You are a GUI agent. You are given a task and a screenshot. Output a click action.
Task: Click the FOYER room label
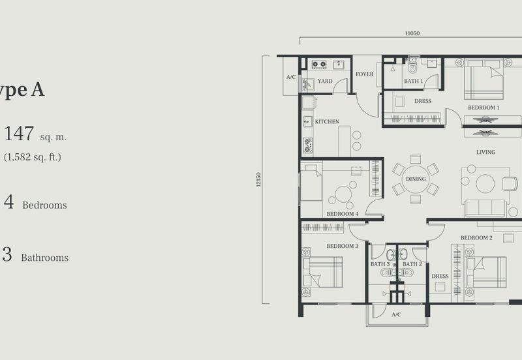point(365,74)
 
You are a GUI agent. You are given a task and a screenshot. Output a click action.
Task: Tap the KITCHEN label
point(327,122)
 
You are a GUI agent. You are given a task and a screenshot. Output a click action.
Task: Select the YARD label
point(325,82)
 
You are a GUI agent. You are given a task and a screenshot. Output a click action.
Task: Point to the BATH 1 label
point(413,82)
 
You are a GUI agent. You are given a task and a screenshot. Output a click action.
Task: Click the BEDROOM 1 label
point(484,107)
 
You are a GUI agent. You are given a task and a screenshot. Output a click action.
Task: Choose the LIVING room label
point(485,152)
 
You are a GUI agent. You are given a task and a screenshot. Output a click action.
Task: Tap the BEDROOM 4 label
point(343,214)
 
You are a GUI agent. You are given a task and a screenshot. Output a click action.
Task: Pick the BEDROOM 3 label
point(343,246)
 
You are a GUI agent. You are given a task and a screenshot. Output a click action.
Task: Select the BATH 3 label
point(380,264)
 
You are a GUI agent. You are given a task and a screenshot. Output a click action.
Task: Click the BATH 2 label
point(412,264)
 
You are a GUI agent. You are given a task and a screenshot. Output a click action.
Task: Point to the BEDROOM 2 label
point(476,238)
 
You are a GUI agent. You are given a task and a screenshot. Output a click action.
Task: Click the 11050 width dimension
point(412,32)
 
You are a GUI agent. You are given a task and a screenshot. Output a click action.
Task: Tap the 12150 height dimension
point(259,180)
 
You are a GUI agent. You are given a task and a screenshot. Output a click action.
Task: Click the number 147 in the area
point(19,134)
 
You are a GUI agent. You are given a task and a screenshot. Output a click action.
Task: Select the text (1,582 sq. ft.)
point(33,157)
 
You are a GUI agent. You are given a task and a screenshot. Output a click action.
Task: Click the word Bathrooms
point(44,258)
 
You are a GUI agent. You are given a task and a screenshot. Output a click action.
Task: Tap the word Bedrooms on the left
point(44,205)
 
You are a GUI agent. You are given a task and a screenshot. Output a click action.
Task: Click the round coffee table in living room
point(485,184)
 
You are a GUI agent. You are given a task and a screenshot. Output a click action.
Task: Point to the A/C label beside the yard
point(291,77)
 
